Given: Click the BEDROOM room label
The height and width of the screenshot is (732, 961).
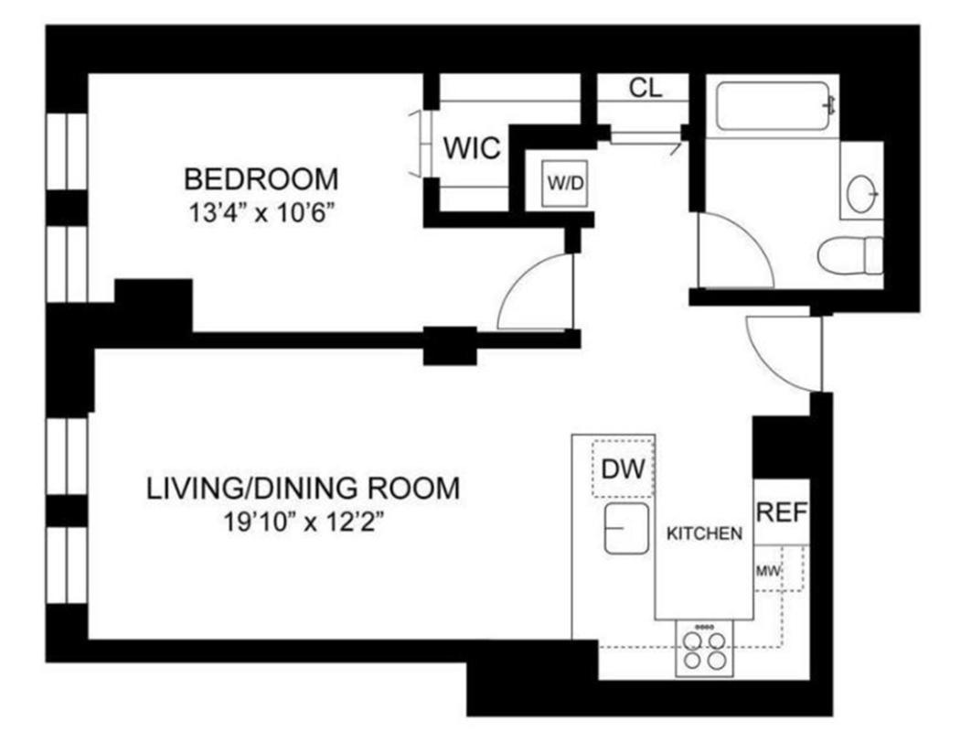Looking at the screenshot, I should [261, 178].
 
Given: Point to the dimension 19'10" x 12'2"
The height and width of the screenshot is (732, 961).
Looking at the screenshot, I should [304, 523].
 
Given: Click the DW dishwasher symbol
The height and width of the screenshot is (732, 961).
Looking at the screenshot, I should [624, 469].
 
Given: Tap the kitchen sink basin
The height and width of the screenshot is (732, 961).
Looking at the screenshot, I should [626, 528].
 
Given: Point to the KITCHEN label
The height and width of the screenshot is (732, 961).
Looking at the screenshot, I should [702, 534].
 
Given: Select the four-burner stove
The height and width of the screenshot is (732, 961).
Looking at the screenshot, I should [704, 650].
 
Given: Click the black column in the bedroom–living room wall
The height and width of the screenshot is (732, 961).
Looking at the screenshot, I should [449, 346].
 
